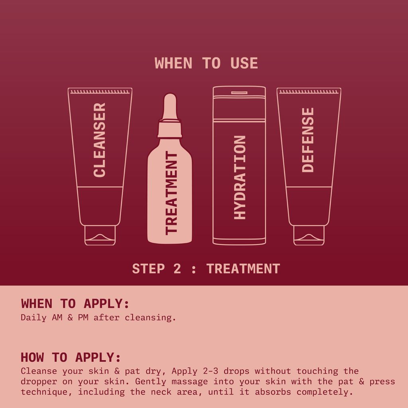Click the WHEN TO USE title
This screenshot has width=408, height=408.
[206, 63]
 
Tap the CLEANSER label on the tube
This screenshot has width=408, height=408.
[99, 140]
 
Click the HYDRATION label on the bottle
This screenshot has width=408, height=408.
[240, 177]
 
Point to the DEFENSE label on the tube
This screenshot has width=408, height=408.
[308, 140]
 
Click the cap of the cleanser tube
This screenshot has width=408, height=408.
[100, 235]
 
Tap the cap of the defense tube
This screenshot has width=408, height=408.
[309, 235]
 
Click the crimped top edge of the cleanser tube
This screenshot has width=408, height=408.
[100, 92]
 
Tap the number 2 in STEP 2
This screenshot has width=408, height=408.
[177, 269]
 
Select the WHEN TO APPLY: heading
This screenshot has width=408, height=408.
[75, 304]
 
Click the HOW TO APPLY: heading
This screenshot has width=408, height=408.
[71, 357]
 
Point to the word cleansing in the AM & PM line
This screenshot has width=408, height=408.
[150, 318]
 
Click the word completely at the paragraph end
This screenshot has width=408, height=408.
[325, 392]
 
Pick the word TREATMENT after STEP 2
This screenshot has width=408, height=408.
[243, 269]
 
